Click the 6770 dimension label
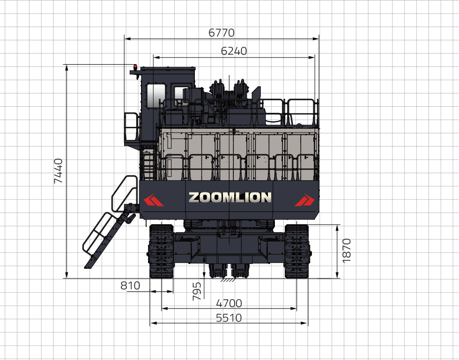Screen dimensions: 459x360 point(221,32)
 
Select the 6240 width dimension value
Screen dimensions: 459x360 point(234,51)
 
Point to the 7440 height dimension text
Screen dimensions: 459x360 point(58,171)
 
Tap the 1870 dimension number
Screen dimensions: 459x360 point(346,250)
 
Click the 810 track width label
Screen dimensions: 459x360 point(130,286)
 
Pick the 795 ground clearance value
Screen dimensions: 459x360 point(197,291)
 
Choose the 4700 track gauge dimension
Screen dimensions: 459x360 point(229,303)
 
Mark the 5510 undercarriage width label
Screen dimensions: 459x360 point(229,318)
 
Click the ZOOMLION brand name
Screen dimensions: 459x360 point(230,197)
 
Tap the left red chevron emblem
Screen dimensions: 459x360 point(154,200)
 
